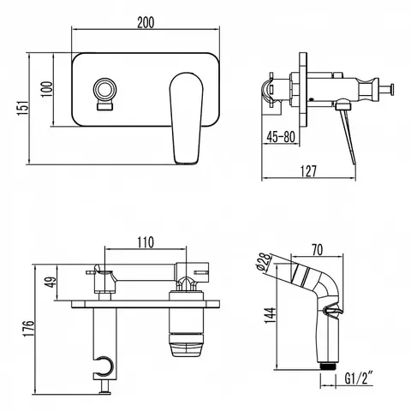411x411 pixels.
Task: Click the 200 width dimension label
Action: click(x=146, y=22)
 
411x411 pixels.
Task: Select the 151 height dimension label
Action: click(x=23, y=108)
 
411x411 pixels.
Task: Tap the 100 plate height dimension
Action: click(x=47, y=89)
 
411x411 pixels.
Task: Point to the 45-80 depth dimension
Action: click(x=281, y=137)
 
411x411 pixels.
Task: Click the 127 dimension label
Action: click(x=309, y=171)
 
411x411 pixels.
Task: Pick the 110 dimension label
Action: click(x=146, y=242)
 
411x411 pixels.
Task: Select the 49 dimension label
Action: click(x=51, y=282)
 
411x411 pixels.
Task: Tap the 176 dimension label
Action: click(x=28, y=329)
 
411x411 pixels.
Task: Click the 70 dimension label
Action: click(x=317, y=250)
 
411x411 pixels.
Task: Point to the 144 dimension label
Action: click(x=270, y=315)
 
